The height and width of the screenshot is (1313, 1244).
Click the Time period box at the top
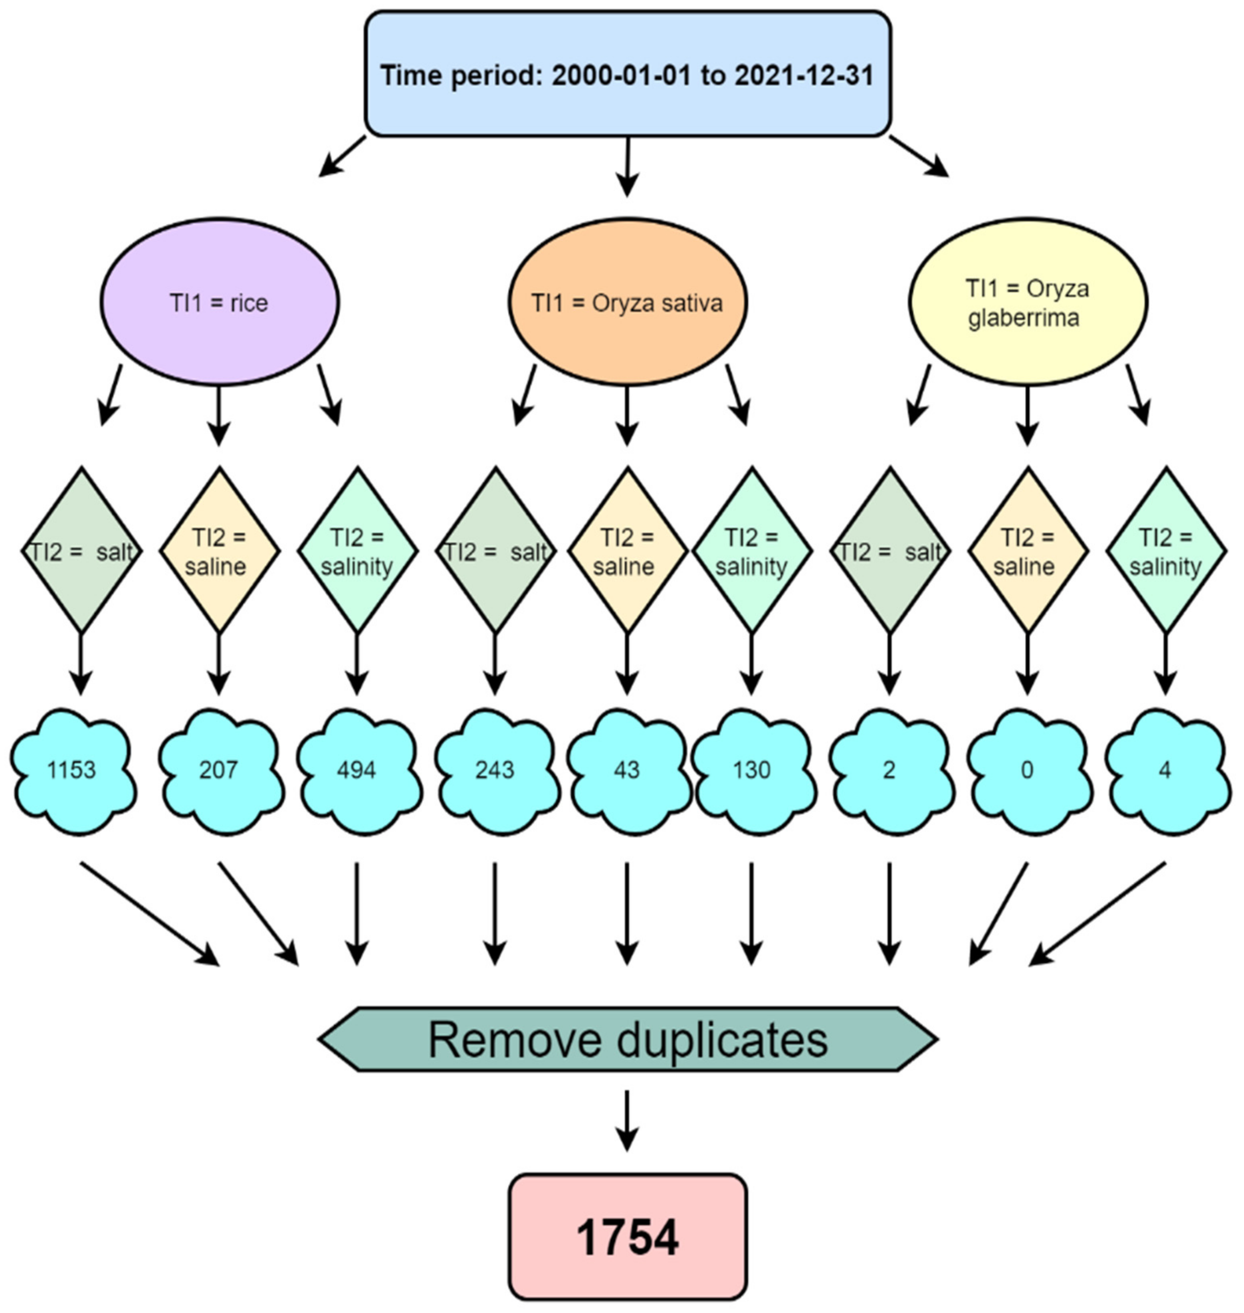627,74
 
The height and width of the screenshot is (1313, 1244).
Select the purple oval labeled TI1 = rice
220,302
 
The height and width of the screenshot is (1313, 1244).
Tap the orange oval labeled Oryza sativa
627,302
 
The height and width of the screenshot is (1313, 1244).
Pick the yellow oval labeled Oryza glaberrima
1027,302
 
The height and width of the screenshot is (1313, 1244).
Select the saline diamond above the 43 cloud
627,550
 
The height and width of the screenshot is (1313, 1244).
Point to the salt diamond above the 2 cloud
889,550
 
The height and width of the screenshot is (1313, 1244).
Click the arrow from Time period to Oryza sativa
627,166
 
